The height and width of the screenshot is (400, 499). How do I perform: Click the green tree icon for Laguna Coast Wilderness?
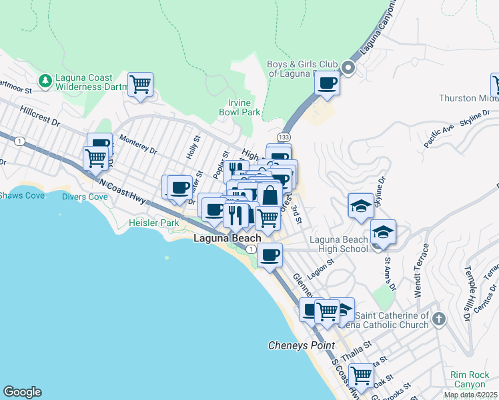click(45, 81)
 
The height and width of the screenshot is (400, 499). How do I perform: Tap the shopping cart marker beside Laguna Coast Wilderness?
click(140, 85)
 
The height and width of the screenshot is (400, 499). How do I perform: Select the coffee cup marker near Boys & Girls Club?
click(327, 83)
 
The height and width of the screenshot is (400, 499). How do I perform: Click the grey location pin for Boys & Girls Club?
click(348, 67)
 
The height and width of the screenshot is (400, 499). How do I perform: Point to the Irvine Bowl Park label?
click(239, 108)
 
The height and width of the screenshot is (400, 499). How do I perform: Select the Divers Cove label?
click(85, 197)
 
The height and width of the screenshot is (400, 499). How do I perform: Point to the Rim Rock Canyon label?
click(470, 379)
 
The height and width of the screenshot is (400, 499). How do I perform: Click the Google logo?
click(22, 392)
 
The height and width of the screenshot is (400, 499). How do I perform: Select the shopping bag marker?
click(270, 196)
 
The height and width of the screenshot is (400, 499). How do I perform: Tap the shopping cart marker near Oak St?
click(361, 375)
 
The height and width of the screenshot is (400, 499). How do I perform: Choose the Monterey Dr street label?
click(138, 145)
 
